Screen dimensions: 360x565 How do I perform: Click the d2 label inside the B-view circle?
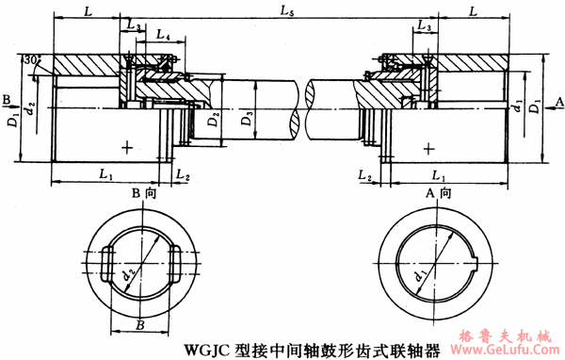[127, 275]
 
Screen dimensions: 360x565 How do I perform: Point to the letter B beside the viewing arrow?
[7, 98]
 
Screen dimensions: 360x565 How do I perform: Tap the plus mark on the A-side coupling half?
[429, 148]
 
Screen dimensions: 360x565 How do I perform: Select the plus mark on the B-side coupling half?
[127, 147]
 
